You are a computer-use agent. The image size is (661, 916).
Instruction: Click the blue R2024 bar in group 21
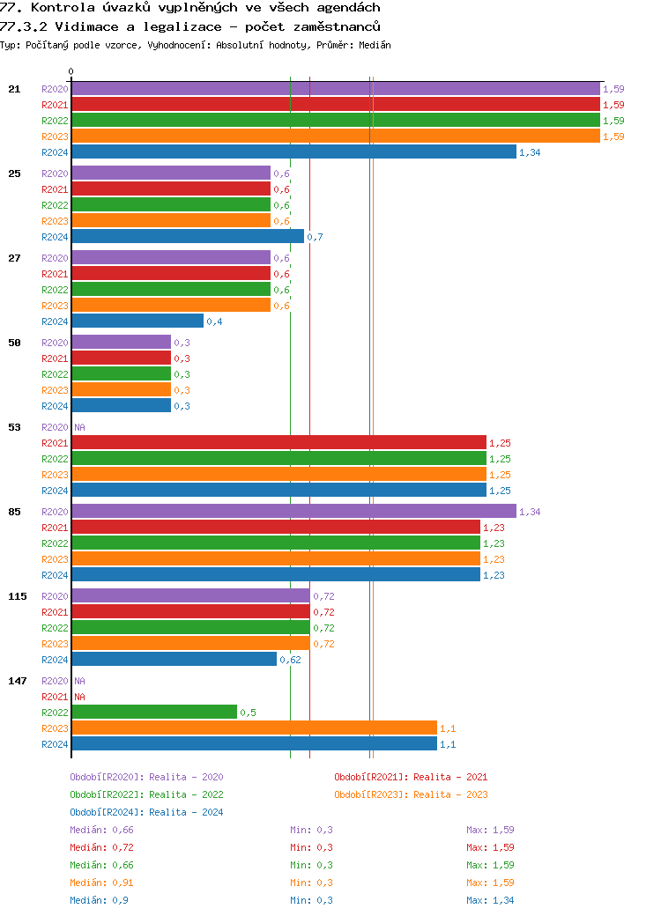tap(293, 152)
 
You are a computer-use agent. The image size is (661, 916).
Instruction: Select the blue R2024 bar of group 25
tap(188, 237)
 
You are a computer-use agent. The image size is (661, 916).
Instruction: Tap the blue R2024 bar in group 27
tap(137, 321)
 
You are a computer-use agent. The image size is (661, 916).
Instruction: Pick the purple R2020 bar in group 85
tap(293, 512)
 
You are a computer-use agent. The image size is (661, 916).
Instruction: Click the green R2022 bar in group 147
tap(154, 713)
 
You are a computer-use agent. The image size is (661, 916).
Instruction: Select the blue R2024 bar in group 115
tap(175, 660)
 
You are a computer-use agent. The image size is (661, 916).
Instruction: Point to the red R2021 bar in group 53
tap(279, 443)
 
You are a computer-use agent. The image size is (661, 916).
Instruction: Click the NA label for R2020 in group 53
tap(79, 427)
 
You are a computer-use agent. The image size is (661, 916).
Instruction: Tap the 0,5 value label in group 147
tap(248, 713)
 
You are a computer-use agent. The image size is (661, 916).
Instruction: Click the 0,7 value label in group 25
tap(315, 237)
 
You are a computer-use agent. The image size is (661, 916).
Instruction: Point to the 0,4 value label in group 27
tap(214, 321)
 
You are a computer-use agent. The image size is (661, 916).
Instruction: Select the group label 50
tap(14, 343)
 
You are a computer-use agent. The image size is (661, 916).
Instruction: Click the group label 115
tap(18, 596)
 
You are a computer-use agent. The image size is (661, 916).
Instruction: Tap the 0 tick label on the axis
tap(71, 72)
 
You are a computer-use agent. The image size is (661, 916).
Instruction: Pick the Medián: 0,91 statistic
tap(101, 883)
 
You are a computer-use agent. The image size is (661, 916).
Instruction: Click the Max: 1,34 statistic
tap(490, 900)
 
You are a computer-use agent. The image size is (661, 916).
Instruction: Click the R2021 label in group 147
tap(55, 697)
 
